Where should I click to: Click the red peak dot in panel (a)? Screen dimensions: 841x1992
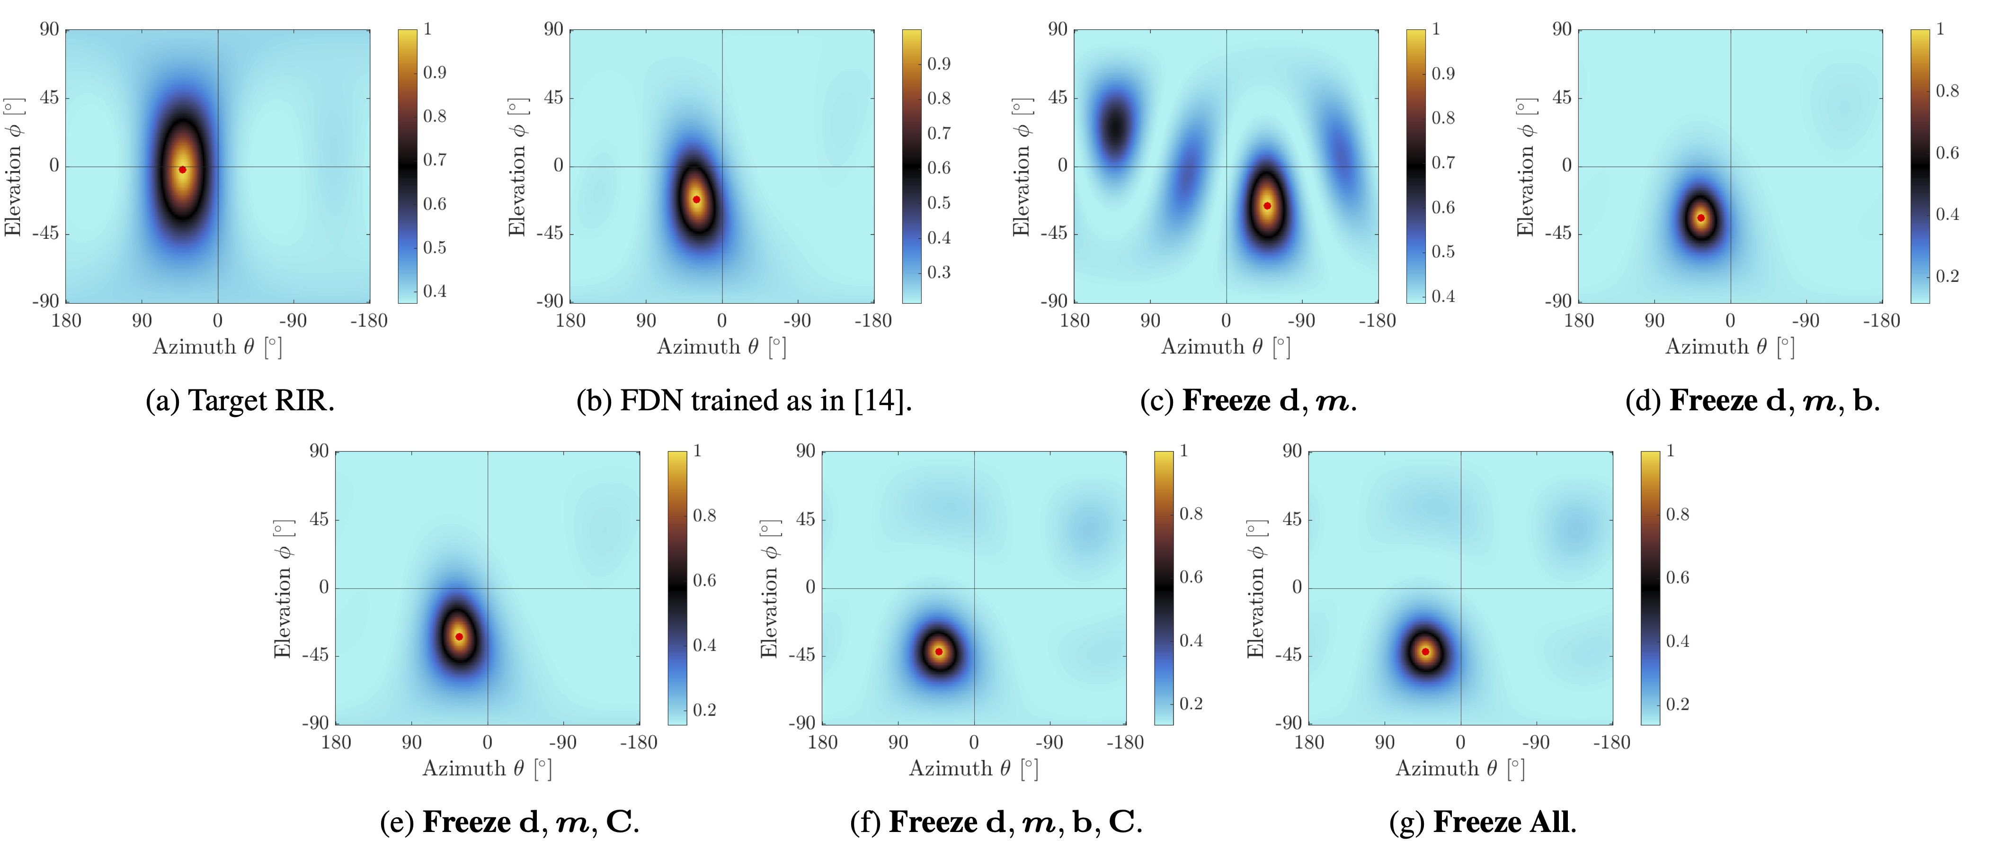tap(183, 170)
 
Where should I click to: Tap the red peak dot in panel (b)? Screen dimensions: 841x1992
tap(697, 199)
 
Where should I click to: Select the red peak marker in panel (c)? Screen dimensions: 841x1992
tap(1267, 206)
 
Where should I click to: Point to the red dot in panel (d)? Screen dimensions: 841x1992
tap(1700, 218)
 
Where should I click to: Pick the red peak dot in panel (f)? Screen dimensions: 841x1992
tap(939, 651)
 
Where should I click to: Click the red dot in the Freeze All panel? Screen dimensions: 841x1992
tap(1425, 651)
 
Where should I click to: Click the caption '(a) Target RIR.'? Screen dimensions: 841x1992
tap(240, 401)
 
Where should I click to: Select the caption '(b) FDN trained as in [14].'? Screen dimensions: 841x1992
tap(744, 401)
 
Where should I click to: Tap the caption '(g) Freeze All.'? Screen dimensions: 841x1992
tap(1482, 822)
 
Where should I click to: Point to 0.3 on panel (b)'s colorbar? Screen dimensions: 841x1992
tap(939, 272)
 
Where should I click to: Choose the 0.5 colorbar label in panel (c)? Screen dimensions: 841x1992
tap(1443, 252)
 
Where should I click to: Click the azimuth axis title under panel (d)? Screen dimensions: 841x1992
tap(1729, 347)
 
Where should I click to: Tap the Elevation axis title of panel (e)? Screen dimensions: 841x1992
tap(283, 589)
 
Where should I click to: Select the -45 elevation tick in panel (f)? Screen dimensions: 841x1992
tap(801, 654)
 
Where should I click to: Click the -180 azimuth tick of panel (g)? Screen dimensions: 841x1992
tap(1611, 743)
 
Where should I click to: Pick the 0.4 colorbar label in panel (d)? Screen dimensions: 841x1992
tap(1947, 214)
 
